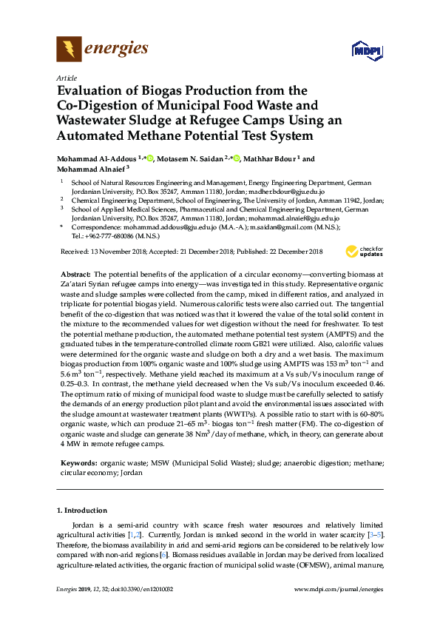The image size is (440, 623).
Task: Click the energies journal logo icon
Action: pyautogui.click(x=69, y=50)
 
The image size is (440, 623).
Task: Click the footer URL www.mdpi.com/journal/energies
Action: pyautogui.click(x=339, y=589)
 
